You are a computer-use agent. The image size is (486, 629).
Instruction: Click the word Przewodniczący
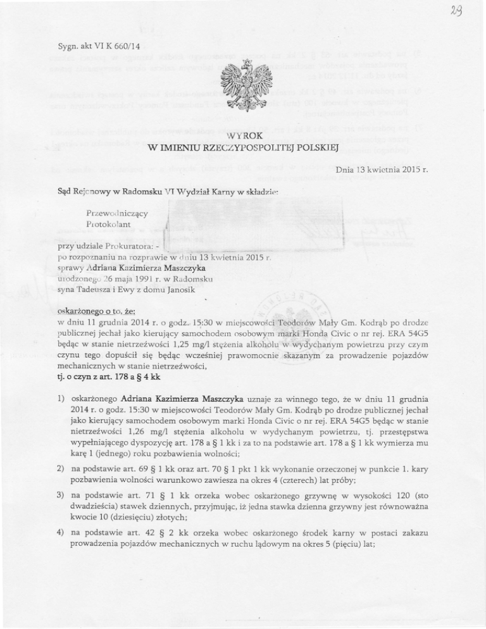(x=118, y=214)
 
